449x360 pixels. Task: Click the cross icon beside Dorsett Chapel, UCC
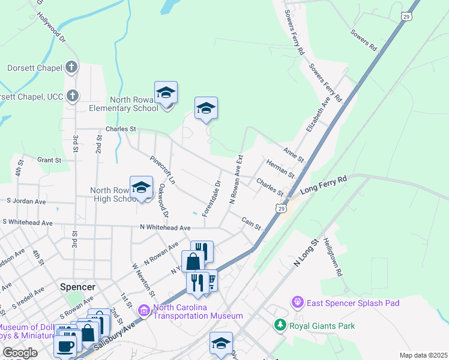pos(71,96)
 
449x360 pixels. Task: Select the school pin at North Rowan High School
pos(142,188)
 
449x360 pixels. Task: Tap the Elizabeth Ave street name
pos(318,116)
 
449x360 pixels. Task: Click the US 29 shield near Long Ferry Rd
pos(281,207)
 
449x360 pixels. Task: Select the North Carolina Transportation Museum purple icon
pos(144,310)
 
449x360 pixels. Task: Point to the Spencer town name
pos(78,287)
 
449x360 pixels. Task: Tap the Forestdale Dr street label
pos(212,199)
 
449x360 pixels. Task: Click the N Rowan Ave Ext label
pos(235,180)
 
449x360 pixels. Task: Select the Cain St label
pos(252,224)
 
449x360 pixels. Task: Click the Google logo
pos(20,353)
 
